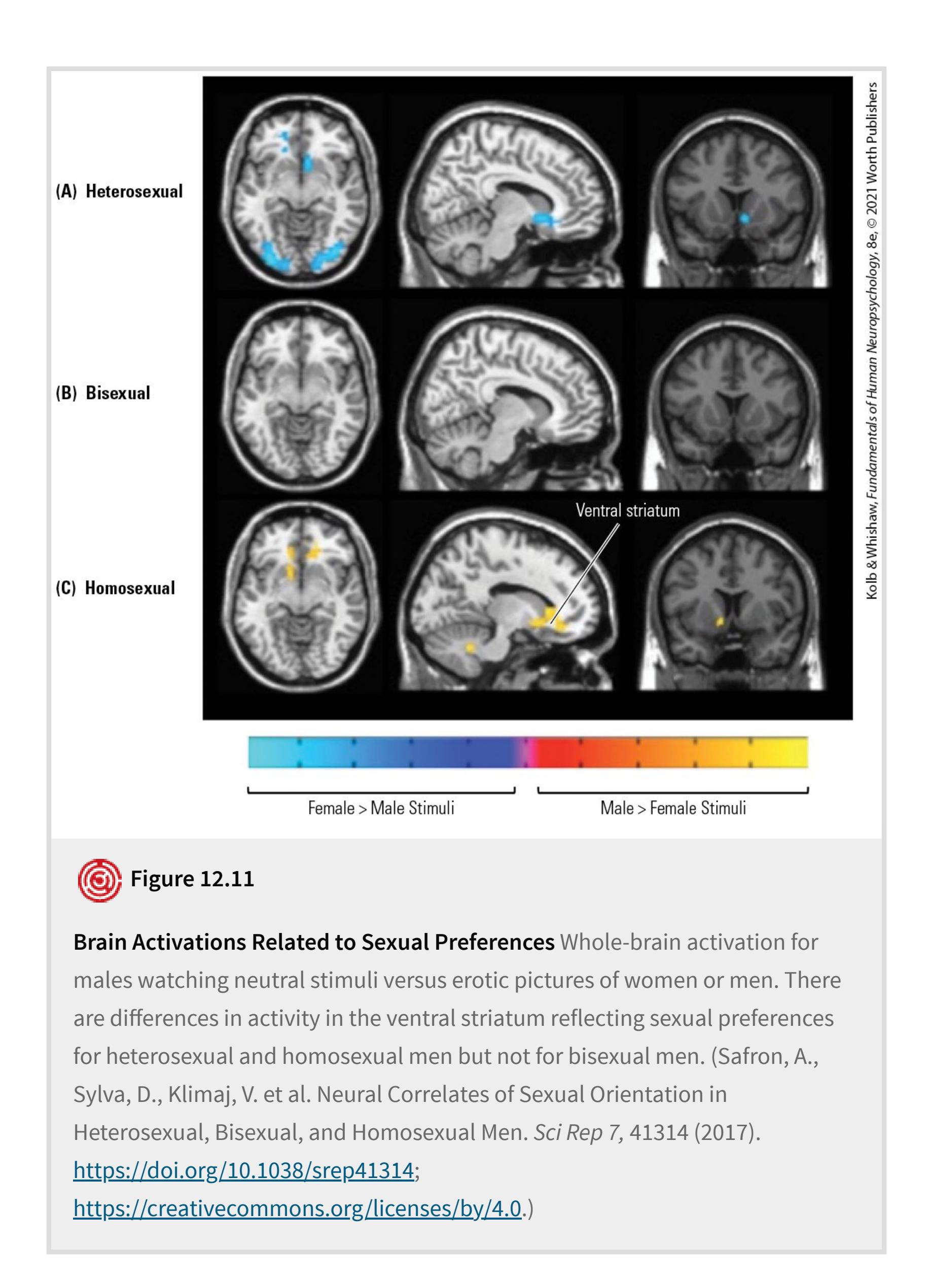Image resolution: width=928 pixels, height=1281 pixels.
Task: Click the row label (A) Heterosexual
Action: coord(119,191)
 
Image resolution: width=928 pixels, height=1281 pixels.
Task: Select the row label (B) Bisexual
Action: coord(103,393)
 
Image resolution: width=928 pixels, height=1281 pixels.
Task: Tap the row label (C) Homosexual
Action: coord(115,588)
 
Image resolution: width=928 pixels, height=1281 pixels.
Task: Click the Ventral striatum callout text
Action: coord(628,510)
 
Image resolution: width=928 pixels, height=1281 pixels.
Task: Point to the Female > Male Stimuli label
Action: coord(381,808)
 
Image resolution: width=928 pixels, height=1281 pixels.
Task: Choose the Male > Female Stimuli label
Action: coord(673,808)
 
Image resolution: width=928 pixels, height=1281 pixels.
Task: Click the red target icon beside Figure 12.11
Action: coord(99,881)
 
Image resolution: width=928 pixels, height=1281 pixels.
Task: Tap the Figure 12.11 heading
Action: coord(193,879)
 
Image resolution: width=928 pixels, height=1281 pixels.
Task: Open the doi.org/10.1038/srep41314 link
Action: coord(244,1170)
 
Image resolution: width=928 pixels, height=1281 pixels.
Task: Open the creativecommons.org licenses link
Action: coord(298,1208)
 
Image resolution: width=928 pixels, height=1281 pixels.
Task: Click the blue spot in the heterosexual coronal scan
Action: coord(745,218)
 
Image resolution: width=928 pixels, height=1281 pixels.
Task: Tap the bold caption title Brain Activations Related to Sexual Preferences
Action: coord(314,942)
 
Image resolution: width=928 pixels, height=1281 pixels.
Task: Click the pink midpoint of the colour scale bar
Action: coord(528,752)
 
